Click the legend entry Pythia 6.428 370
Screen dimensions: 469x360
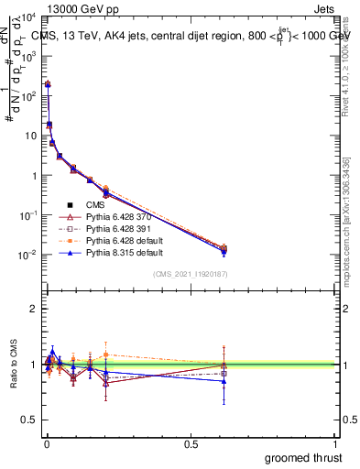click(120, 216)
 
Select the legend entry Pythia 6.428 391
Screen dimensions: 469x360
click(120, 228)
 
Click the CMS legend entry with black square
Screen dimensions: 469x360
click(96, 204)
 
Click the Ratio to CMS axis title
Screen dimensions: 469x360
click(14, 364)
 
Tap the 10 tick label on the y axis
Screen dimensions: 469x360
click(29, 136)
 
